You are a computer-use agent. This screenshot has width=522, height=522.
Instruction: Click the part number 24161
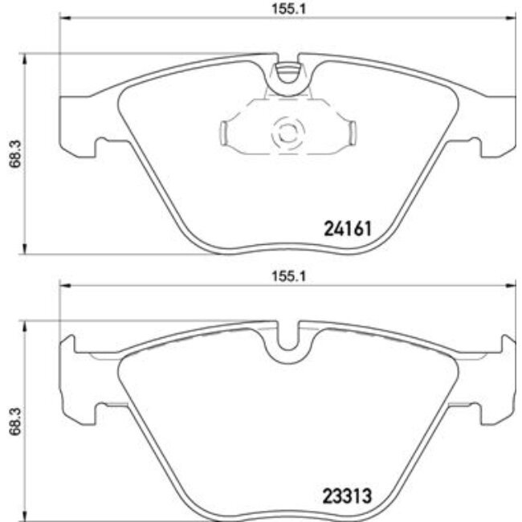point(346,230)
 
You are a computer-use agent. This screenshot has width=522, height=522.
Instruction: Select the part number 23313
point(345,496)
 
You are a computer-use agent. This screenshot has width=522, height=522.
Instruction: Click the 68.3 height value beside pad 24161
point(10,152)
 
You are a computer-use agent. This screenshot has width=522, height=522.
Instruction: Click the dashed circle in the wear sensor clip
point(288,133)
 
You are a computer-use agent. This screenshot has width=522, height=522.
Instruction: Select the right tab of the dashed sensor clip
point(349,133)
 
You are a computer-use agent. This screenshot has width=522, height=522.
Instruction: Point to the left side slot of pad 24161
point(102,146)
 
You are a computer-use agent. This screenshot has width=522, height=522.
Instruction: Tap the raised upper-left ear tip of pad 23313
point(67,342)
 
